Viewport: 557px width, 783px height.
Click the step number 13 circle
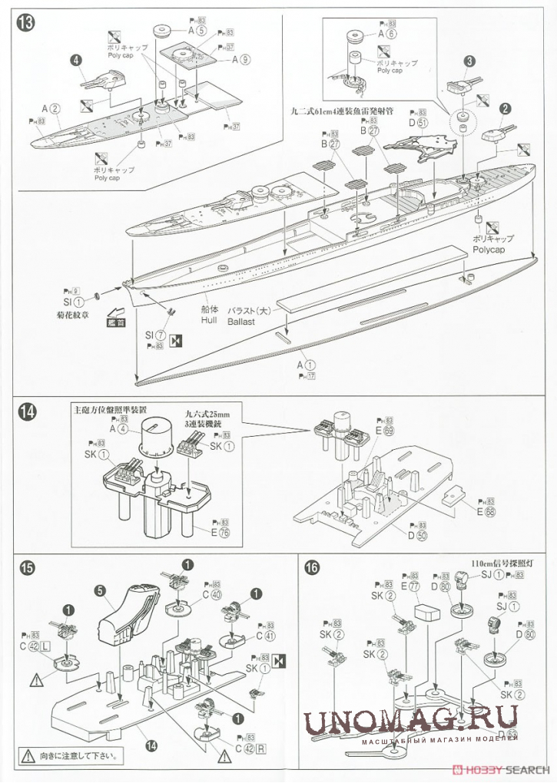coord(25,21)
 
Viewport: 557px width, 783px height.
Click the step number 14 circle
coord(25,412)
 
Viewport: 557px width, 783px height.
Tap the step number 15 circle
coord(25,569)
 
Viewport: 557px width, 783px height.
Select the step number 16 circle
coord(311,569)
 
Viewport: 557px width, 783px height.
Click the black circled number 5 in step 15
coord(101,591)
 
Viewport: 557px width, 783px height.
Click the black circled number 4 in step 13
coord(77,60)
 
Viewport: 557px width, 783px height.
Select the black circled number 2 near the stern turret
coord(506,109)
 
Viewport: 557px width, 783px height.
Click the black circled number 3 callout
coord(468,61)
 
